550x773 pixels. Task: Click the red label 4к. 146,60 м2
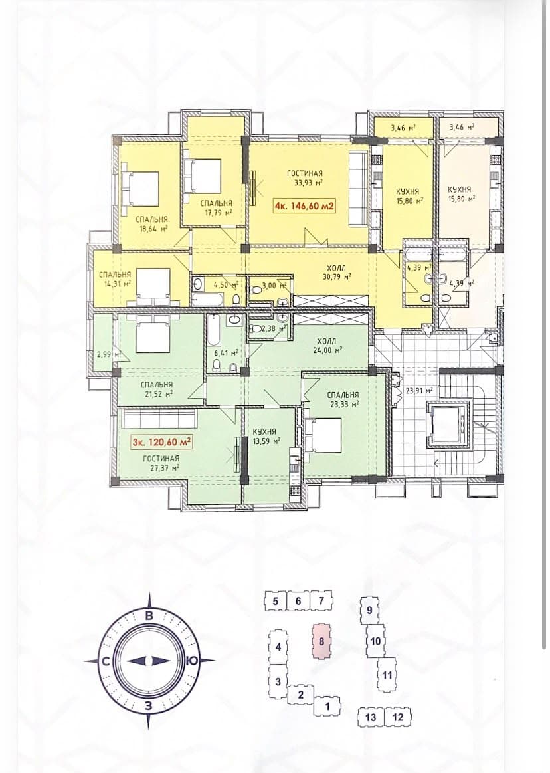tap(306, 205)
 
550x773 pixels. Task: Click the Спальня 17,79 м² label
tap(215, 207)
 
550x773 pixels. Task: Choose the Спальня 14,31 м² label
tap(114, 279)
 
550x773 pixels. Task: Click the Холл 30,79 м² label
tap(335, 272)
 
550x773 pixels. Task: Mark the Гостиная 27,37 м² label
tap(161, 463)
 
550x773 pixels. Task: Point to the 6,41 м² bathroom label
tap(228, 352)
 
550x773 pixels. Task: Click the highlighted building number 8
tap(321, 641)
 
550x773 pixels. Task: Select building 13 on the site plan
tap(371, 717)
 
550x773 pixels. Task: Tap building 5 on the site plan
tap(276, 601)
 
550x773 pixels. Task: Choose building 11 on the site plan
tap(387, 675)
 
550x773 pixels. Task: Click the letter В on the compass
tap(149, 615)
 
